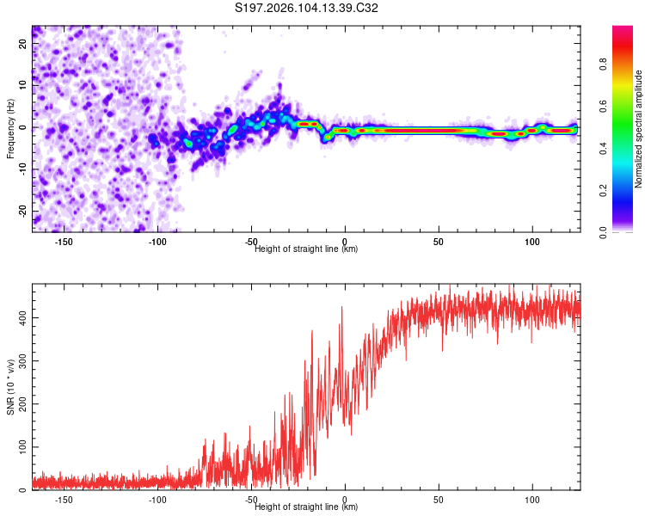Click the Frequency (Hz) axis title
pos(10,129)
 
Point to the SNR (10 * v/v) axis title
pos(10,388)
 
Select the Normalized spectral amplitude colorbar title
pos(639,129)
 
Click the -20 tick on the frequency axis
pos(22,211)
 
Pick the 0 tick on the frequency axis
pos(22,127)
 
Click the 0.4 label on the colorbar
pos(605,148)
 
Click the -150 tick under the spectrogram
pos(64,242)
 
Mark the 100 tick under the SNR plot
pos(532,500)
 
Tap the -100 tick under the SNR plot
pos(157,500)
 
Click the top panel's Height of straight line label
pos(306,249)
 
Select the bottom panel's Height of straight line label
pos(306,507)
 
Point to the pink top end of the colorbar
pos(623,31)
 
